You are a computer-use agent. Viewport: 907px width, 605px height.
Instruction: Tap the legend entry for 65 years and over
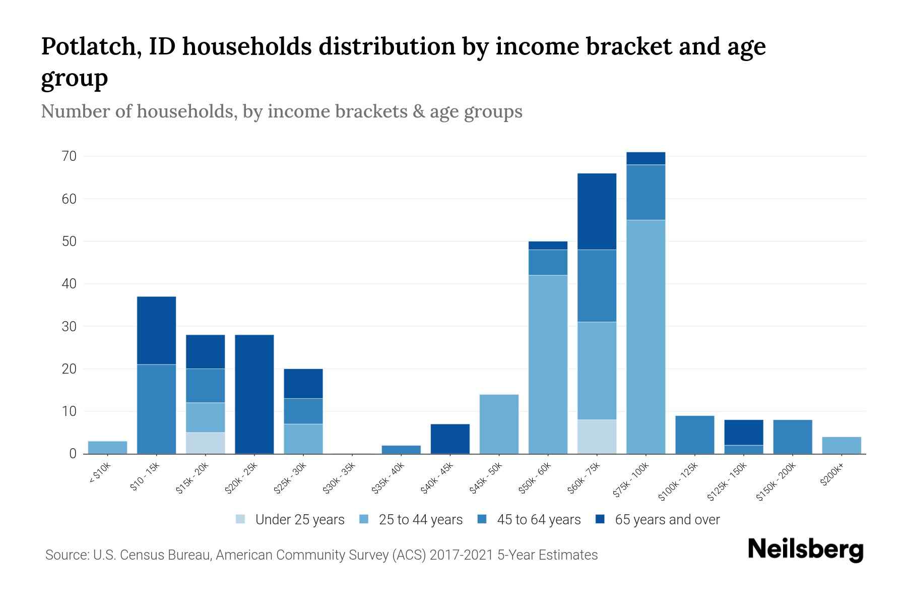coord(658,519)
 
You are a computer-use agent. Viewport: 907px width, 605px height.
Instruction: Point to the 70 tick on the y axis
coord(70,156)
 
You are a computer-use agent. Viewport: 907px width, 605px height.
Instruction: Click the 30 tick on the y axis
coord(70,326)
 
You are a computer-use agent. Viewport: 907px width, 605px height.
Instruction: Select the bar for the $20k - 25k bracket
coord(254,394)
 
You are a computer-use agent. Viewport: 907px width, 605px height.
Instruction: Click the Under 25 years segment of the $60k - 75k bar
coord(597,437)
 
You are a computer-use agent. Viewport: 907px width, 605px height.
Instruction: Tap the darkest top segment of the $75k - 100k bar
coord(645,158)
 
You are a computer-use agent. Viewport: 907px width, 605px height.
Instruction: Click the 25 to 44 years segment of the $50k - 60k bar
coord(548,364)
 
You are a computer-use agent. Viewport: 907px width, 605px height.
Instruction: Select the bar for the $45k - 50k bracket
coord(499,424)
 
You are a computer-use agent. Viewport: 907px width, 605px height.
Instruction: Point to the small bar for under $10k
coord(107,447)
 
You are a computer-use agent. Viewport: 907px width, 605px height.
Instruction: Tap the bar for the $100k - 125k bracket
coord(694,435)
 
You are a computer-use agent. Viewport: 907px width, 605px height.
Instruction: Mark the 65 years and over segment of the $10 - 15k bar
coord(156,330)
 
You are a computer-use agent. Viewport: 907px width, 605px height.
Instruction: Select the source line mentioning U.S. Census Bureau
coord(321,555)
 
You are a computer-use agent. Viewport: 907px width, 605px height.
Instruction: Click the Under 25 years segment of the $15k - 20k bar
coord(205,443)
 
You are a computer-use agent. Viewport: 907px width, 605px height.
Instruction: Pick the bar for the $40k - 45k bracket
coord(450,439)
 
